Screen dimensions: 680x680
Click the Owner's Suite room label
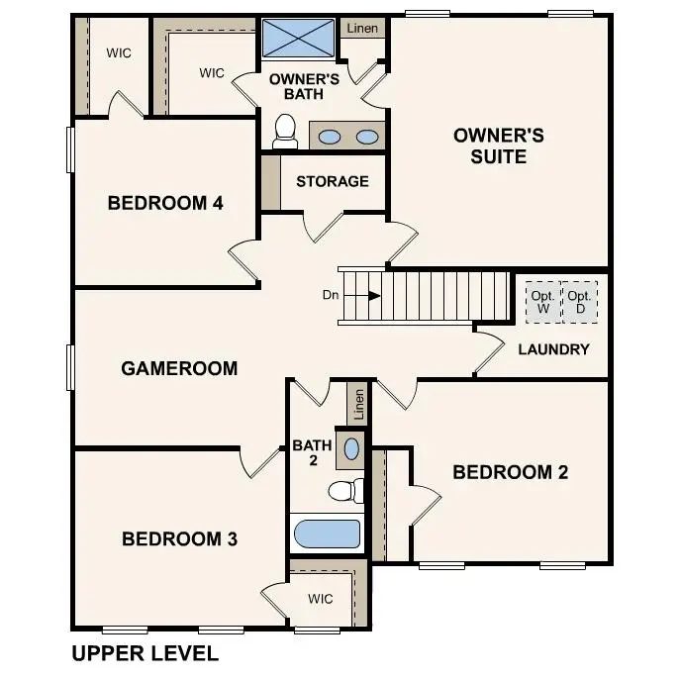[x=498, y=146]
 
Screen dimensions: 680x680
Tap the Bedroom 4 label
[x=165, y=204]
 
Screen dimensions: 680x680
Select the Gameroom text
[x=179, y=368]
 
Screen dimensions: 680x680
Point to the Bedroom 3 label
[x=179, y=539]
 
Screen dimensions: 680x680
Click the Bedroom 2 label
[x=510, y=472]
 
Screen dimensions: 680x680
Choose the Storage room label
[x=332, y=181]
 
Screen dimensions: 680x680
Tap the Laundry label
[x=553, y=349]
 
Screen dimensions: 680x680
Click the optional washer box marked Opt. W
[x=541, y=302]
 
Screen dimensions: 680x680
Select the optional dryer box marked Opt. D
[x=579, y=302]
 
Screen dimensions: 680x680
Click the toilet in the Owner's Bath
[x=285, y=131]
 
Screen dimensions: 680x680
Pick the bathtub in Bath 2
[x=327, y=534]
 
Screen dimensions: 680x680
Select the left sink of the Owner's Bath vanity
[x=331, y=137]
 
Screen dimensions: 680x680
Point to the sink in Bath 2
[x=350, y=449]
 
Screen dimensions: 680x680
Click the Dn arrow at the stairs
[x=373, y=295]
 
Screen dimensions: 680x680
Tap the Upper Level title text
[x=146, y=654]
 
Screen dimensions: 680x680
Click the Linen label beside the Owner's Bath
[x=361, y=29]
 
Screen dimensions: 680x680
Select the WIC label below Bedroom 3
[x=320, y=599]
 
